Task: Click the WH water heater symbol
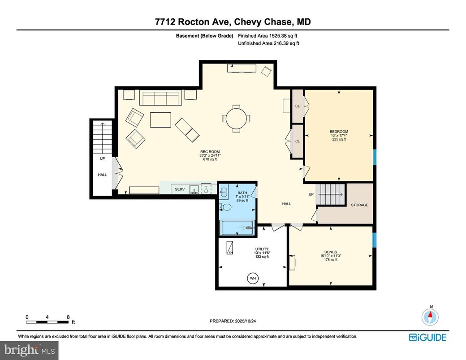(253, 279)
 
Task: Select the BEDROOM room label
(339, 132)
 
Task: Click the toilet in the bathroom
(226, 207)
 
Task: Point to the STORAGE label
(359, 205)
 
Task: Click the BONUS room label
(330, 252)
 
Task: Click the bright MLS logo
(30, 349)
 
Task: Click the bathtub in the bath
(237, 228)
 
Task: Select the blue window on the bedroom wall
(375, 157)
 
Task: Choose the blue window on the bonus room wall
(375, 240)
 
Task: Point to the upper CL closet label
(297, 106)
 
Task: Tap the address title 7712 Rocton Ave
(233, 22)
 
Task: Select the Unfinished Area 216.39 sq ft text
(268, 43)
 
